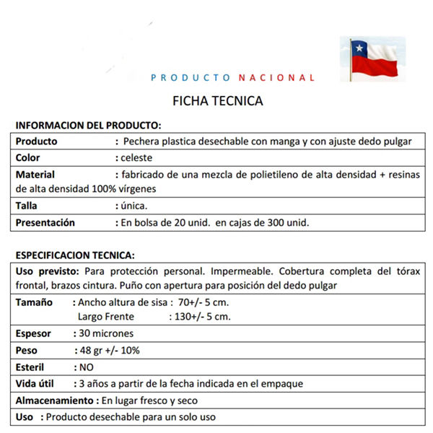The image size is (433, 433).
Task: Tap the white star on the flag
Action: tap(358, 48)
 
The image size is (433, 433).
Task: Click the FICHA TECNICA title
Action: tap(218, 101)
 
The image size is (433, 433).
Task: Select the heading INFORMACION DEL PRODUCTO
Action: tap(88, 125)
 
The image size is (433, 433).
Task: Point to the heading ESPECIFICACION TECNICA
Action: tap(75, 255)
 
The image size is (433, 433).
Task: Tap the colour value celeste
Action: tap(137, 158)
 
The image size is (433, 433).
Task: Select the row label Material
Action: tap(35, 175)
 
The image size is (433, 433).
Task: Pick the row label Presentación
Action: tap(45, 222)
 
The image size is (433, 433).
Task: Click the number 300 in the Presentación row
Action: tap(282, 222)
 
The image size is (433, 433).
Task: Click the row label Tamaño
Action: tap(34, 302)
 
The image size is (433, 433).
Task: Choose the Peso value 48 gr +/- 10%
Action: tap(111, 351)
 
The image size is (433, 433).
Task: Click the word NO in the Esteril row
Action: tap(88, 367)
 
